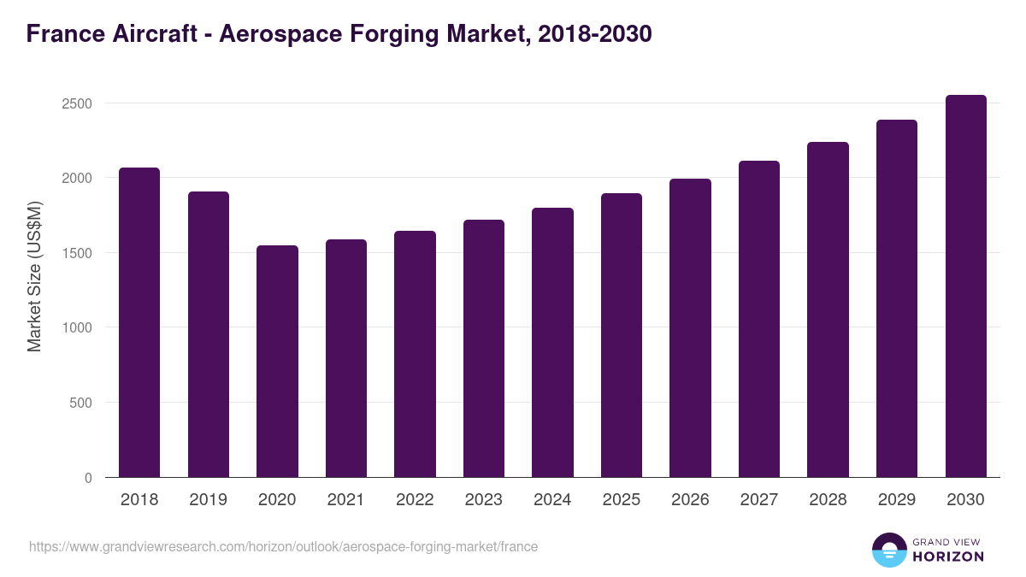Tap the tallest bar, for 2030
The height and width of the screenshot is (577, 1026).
(965, 286)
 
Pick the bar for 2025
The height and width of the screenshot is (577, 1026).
(621, 335)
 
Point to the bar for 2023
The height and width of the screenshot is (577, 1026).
(484, 348)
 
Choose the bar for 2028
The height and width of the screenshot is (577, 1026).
(828, 309)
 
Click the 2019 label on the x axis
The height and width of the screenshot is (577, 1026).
(208, 500)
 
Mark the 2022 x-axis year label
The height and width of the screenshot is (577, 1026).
(415, 500)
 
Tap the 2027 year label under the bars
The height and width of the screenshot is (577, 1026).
(758, 500)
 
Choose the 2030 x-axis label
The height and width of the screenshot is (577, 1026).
(965, 500)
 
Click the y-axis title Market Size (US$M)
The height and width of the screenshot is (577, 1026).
(34, 275)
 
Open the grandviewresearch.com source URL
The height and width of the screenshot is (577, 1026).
(283, 546)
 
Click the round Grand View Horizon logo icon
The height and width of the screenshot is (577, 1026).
(889, 550)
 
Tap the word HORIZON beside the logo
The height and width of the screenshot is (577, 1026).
(948, 556)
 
